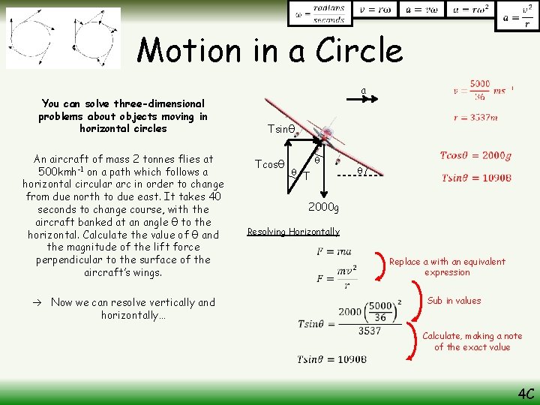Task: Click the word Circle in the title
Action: click(359, 50)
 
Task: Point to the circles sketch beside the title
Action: click(63, 38)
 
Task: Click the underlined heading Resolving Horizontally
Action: click(293, 232)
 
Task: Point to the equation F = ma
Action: click(334, 251)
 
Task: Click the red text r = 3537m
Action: click(475, 117)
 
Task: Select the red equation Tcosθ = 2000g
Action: click(475, 156)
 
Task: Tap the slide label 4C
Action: click(525, 394)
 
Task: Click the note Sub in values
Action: click(454, 301)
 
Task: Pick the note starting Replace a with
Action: click(447, 267)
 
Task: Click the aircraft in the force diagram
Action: click(325, 139)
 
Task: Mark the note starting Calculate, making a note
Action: click(472, 341)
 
